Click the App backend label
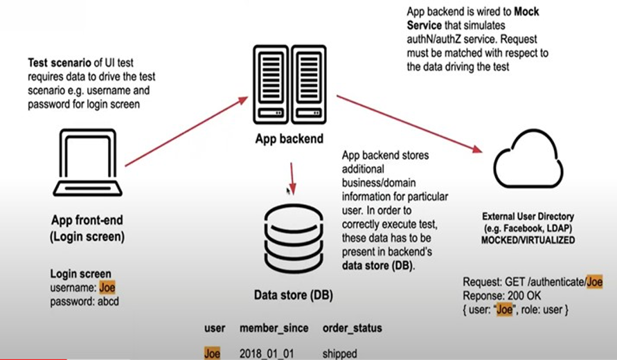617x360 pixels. click(289, 138)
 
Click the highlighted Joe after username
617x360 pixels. click(107, 287)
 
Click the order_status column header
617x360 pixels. click(352, 327)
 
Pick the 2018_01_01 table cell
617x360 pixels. click(267, 353)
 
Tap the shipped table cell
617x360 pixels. click(340, 353)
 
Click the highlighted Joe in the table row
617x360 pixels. click(213, 353)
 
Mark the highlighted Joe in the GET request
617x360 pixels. click(593, 282)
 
